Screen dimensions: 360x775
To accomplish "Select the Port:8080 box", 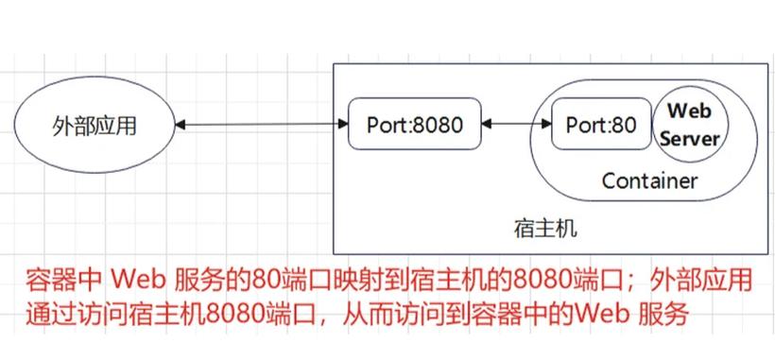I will coord(412,125).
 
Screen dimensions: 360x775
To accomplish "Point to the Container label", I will coord(649,180).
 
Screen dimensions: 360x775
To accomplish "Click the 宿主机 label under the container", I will coord(544,229).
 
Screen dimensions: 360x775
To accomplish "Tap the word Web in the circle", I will coord(689,111).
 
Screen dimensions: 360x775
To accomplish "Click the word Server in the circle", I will coord(689,138).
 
